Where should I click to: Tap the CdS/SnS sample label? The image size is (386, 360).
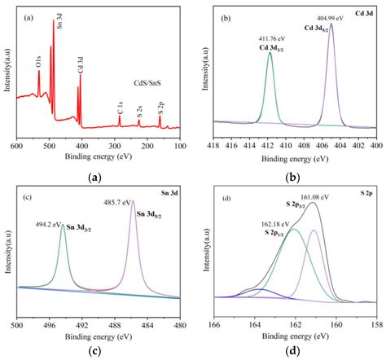(151, 83)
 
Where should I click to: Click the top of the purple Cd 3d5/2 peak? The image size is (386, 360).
(331, 24)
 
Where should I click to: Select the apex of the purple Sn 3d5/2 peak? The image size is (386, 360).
(133, 201)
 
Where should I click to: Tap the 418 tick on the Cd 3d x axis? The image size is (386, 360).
(213, 145)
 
